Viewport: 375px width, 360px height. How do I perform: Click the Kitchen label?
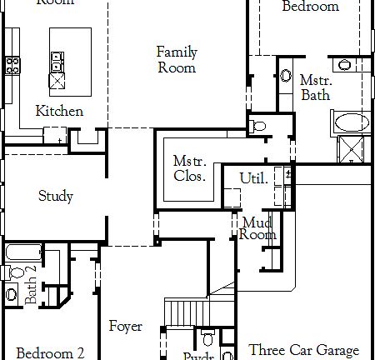pos(59,111)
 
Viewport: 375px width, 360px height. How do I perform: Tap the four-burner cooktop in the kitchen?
pos(13,64)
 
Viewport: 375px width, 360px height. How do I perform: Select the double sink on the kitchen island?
pos(57,61)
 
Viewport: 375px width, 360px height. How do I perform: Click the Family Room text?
pos(177,60)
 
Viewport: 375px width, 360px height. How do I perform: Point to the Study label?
pos(56,197)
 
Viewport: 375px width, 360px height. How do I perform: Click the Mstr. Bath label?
pos(315,87)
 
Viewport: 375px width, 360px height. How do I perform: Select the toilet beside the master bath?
pos(257,127)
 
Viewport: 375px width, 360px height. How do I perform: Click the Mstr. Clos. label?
pos(190,168)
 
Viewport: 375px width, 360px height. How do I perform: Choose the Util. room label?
pos(253,178)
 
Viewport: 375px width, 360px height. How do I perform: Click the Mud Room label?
pos(257,228)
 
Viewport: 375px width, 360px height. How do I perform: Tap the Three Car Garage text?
pos(304,350)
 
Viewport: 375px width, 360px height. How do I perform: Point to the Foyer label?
pos(125,327)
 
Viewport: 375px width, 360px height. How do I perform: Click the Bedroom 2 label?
pos(50,352)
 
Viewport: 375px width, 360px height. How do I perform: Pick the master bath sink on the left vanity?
pos(285,69)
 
